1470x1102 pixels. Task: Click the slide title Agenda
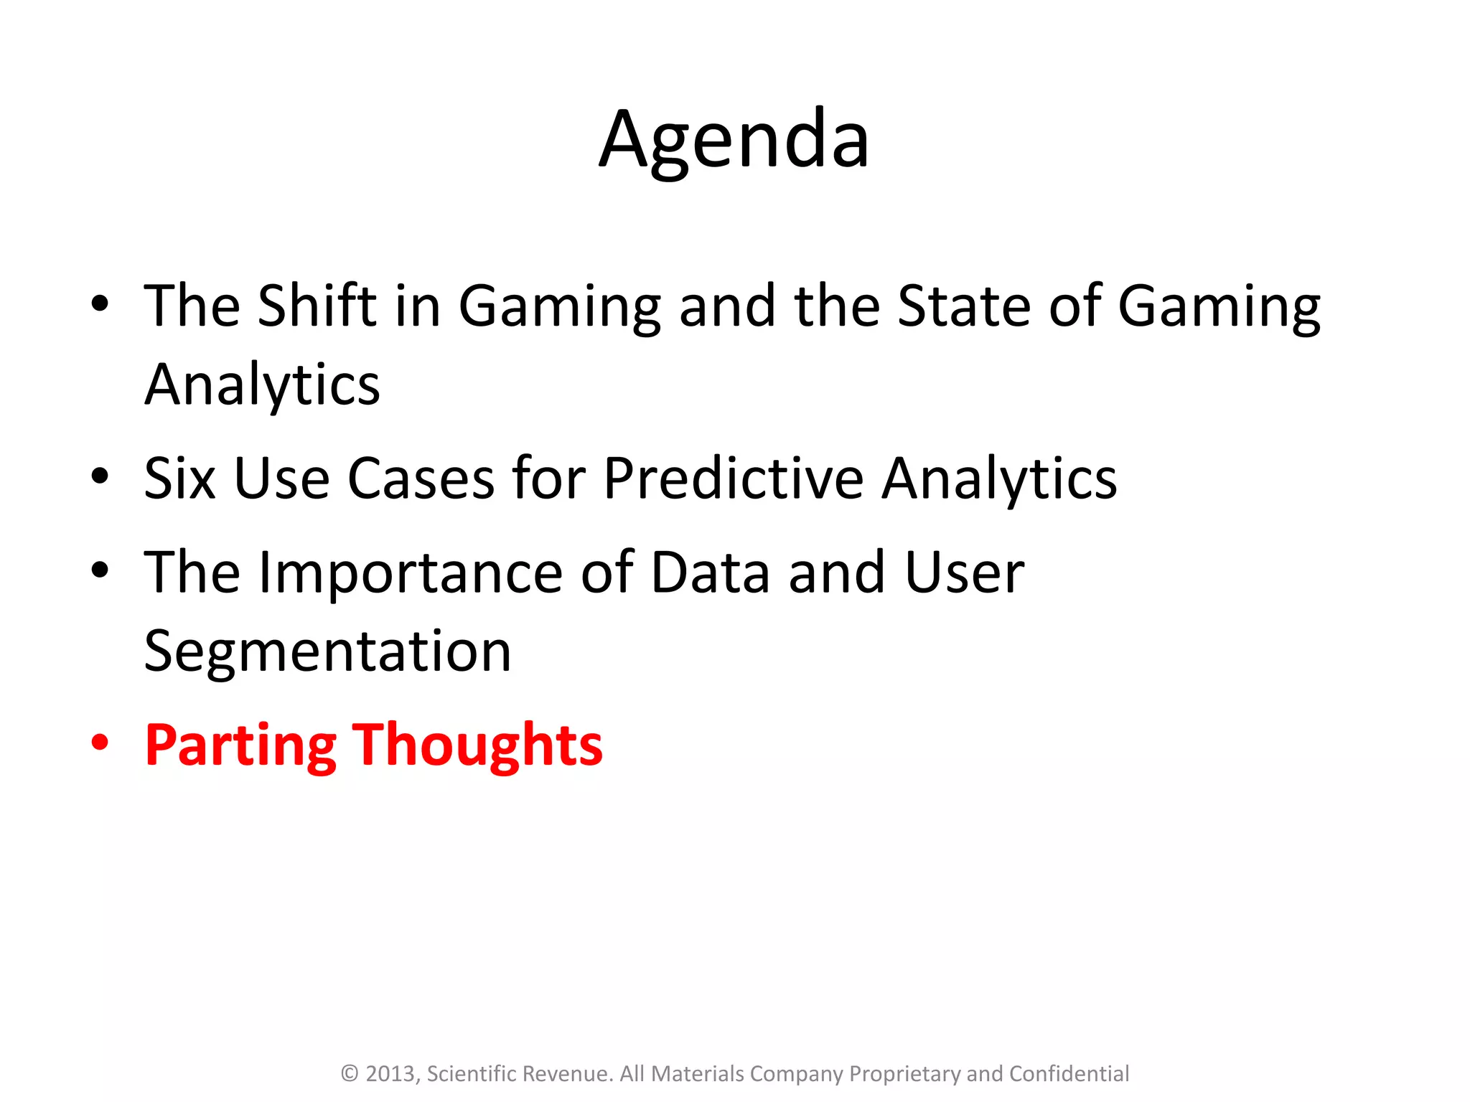pos(734,140)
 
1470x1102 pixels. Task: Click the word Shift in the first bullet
pos(317,306)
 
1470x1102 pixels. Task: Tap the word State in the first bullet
pos(964,306)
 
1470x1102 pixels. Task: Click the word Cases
pos(421,479)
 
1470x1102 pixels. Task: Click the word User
pos(964,573)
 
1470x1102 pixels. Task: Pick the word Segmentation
pos(328,651)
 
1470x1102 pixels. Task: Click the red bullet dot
pos(100,743)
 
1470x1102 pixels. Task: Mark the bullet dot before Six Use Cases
pos(100,476)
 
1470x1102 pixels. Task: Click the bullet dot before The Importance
pos(100,570)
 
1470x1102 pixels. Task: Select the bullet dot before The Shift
pos(100,303)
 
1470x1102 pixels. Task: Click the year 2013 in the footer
pos(391,1074)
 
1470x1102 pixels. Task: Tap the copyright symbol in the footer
pos(350,1074)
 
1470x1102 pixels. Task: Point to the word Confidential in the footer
pos(1069,1074)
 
